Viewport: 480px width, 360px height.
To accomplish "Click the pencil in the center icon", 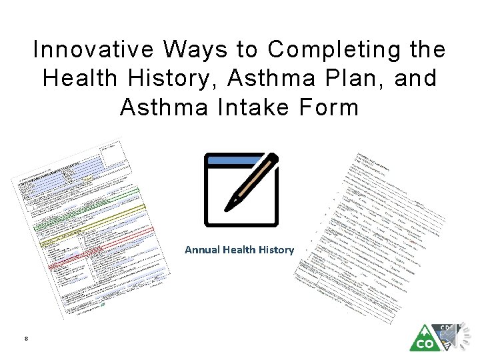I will click(x=251, y=181).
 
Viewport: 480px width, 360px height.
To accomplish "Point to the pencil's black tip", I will click(x=229, y=203).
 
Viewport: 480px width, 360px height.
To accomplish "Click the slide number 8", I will click(x=25, y=339).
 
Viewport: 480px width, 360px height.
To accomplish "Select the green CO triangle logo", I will click(x=424, y=339).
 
